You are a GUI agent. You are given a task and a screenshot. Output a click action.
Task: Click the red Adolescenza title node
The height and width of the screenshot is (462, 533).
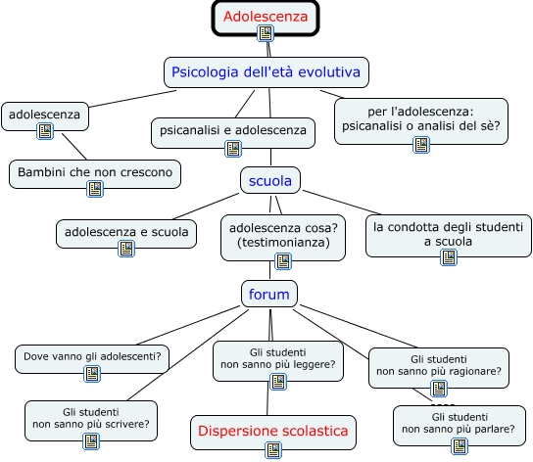266,18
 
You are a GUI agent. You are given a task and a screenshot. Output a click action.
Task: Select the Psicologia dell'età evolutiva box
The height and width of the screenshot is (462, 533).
266,72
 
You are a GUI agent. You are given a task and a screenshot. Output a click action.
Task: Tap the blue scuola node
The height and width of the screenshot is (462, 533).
270,180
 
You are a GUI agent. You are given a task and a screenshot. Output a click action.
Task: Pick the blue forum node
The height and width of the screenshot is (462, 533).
269,294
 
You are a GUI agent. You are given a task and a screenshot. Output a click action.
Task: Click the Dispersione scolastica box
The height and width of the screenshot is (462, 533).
273,432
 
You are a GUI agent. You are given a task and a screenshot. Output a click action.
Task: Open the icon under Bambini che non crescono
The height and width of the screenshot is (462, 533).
95,189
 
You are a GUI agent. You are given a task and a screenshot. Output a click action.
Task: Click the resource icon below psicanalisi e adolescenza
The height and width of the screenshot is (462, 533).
233,149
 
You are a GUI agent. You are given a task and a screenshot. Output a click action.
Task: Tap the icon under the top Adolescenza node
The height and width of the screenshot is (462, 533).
266,33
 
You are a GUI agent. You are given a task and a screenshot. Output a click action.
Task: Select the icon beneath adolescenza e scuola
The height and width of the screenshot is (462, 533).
126,249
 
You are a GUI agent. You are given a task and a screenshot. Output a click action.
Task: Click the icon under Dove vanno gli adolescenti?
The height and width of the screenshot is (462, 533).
92,374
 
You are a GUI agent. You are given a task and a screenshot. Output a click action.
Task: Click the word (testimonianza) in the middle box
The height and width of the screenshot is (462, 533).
283,243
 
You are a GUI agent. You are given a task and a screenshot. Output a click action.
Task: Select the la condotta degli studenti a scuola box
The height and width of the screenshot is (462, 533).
449,236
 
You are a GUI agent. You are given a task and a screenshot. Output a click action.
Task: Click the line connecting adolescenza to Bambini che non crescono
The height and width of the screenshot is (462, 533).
74,147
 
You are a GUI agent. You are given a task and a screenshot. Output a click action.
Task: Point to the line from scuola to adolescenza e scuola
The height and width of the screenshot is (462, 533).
206,207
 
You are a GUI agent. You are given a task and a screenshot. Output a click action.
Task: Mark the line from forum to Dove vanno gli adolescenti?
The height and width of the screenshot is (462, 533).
188,325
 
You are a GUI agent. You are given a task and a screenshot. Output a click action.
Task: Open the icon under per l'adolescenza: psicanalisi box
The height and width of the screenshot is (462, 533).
421,145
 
